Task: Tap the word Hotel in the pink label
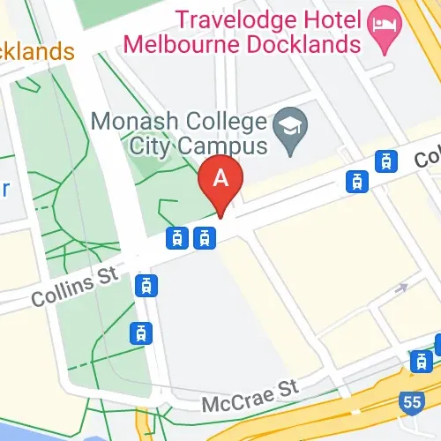(324, 17)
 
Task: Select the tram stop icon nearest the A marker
(205, 237)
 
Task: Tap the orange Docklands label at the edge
(35, 51)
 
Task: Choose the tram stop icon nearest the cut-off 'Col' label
(385, 161)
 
